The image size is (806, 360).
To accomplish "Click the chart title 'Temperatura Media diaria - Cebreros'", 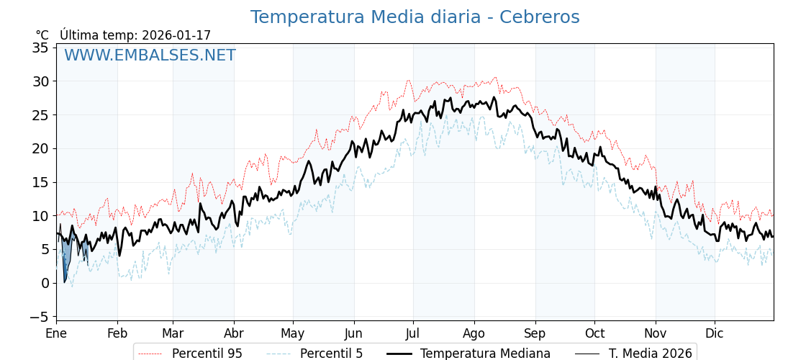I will click(415, 17).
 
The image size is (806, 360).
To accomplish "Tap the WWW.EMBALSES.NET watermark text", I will click(150, 55).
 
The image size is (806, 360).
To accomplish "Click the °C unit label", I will click(42, 35).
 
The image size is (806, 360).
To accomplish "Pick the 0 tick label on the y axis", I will click(45, 283).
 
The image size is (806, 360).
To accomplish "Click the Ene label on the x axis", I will click(56, 333).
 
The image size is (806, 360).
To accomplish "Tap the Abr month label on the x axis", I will click(234, 333).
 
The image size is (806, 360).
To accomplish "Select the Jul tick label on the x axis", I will click(413, 333).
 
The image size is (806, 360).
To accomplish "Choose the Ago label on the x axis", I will click(474, 333).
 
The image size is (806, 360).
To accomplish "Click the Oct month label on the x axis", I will click(594, 333).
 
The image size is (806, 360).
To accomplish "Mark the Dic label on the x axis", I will click(715, 333).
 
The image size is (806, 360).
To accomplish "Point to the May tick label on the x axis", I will click(293, 333).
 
